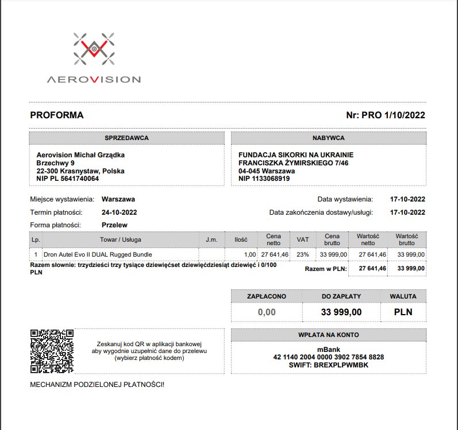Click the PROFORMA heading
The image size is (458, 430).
click(x=57, y=115)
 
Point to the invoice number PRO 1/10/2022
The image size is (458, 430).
click(x=386, y=115)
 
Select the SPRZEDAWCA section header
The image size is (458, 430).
click(x=126, y=138)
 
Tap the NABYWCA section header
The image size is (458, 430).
click(x=329, y=138)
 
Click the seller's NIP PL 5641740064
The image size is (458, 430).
click(x=67, y=179)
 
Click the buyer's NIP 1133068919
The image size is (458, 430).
click(x=264, y=179)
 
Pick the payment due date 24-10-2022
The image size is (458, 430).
click(x=119, y=212)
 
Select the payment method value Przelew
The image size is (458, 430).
click(x=114, y=225)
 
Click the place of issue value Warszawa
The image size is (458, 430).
click(x=118, y=200)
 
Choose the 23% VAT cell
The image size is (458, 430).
click(x=302, y=254)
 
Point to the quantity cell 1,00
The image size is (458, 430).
click(x=249, y=254)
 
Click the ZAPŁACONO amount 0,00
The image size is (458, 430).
click(x=267, y=312)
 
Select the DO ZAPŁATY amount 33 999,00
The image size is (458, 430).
click(x=341, y=312)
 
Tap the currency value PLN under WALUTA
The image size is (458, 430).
click(x=403, y=312)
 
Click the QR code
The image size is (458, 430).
click(x=52, y=350)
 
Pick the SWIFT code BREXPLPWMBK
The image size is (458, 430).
click(x=329, y=365)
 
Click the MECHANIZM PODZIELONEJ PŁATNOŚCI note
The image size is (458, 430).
click(x=97, y=383)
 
